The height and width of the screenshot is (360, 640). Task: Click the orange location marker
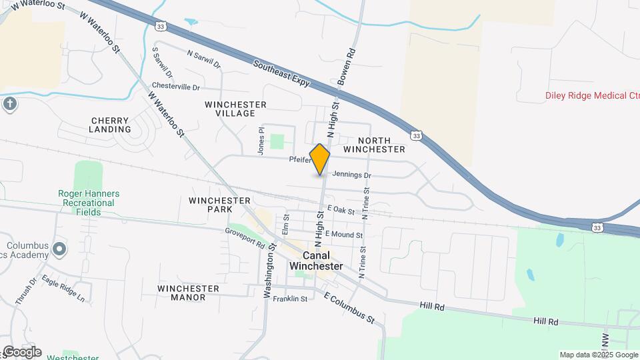click(320, 159)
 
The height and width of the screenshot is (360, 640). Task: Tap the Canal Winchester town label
click(316, 261)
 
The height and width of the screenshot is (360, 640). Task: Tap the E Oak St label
click(340, 209)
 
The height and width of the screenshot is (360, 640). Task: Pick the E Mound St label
click(343, 235)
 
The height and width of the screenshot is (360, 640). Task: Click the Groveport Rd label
click(245, 237)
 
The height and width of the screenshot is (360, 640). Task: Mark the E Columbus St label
click(349, 307)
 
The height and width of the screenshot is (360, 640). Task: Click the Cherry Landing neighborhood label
click(110, 125)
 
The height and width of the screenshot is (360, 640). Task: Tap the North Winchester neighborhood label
click(381, 145)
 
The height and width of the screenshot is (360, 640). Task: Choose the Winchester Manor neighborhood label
click(189, 293)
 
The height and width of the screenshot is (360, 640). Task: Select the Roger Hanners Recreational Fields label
click(88, 203)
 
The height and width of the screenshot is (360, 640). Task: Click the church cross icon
click(9, 103)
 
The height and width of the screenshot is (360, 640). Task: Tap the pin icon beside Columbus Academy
click(59, 249)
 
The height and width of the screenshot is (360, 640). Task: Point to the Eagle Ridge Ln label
click(63, 289)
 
